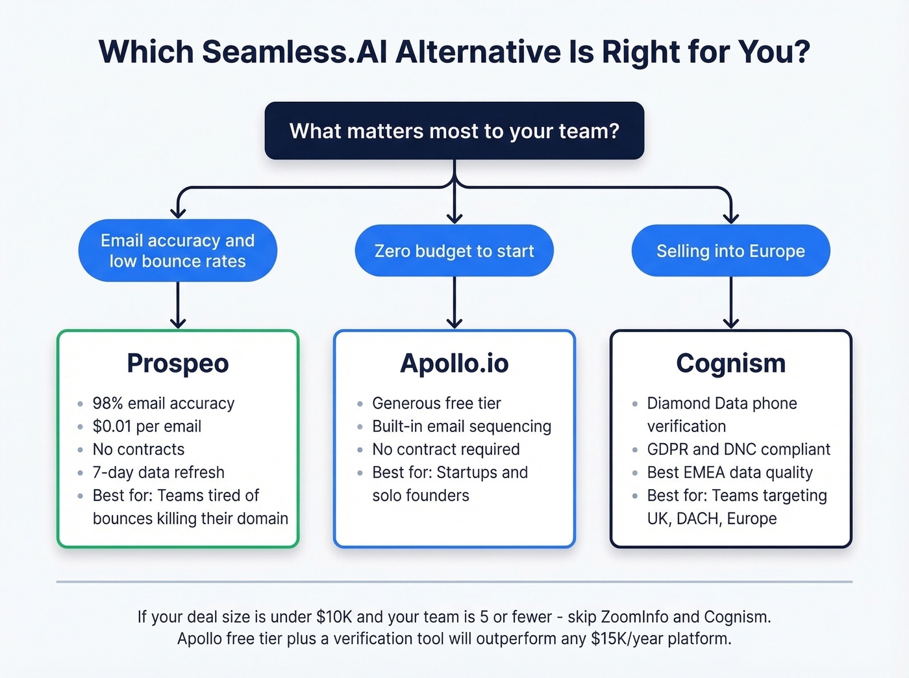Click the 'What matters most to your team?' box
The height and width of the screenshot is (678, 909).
point(454,130)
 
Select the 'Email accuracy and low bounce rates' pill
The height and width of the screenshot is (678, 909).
point(177,251)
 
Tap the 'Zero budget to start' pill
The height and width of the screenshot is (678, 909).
point(454,251)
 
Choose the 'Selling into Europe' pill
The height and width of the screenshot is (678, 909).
point(730,251)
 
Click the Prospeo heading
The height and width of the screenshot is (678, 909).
point(177,363)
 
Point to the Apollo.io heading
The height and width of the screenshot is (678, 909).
point(454,363)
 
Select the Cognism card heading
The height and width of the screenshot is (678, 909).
point(730,363)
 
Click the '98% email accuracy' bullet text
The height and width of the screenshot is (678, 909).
point(163,404)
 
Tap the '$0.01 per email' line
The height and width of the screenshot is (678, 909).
point(147,426)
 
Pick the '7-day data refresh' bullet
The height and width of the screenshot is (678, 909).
point(158,472)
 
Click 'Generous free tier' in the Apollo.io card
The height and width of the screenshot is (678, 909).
point(436,404)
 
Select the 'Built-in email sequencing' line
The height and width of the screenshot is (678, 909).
point(462,426)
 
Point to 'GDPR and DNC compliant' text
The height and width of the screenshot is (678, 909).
point(738,450)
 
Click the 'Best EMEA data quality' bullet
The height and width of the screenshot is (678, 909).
point(730,472)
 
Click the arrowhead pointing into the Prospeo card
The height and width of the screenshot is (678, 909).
point(178,323)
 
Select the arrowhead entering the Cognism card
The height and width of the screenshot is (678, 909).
point(731,323)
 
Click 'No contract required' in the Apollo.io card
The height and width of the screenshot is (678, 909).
point(445,450)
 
